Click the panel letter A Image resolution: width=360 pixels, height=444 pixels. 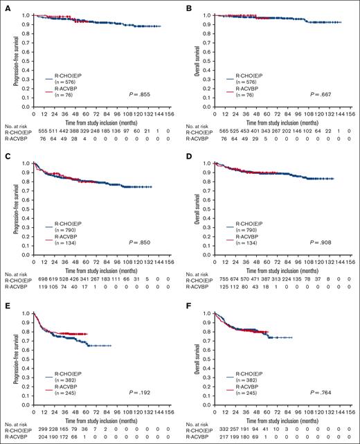pos(5,6)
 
